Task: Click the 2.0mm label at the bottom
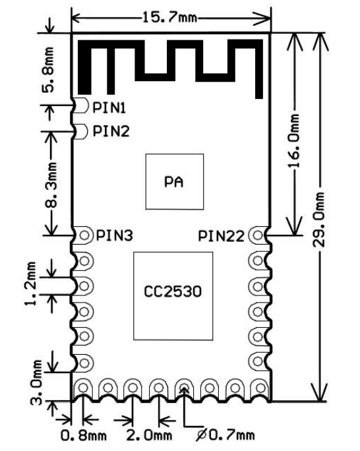[149, 435]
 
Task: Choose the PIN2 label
[111, 131]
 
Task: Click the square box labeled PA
[173, 181]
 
